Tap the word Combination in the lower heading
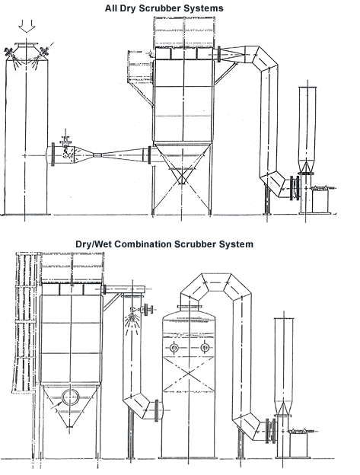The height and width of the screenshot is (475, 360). (x=142, y=244)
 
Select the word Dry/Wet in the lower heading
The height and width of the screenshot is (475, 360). (x=94, y=244)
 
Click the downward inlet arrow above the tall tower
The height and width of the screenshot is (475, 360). (x=27, y=26)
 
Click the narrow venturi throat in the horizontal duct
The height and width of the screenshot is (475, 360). (x=97, y=155)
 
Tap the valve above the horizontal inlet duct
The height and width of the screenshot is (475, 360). (x=65, y=139)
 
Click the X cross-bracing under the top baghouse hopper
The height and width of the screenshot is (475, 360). (x=181, y=177)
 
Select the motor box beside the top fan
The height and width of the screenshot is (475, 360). (x=320, y=200)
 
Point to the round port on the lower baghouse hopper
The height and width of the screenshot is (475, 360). (x=71, y=398)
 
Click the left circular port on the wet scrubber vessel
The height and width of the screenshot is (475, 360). (x=174, y=348)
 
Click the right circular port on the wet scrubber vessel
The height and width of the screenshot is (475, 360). (x=205, y=347)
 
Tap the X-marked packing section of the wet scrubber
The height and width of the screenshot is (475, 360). (x=189, y=373)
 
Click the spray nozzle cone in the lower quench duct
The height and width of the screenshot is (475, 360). (x=132, y=322)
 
